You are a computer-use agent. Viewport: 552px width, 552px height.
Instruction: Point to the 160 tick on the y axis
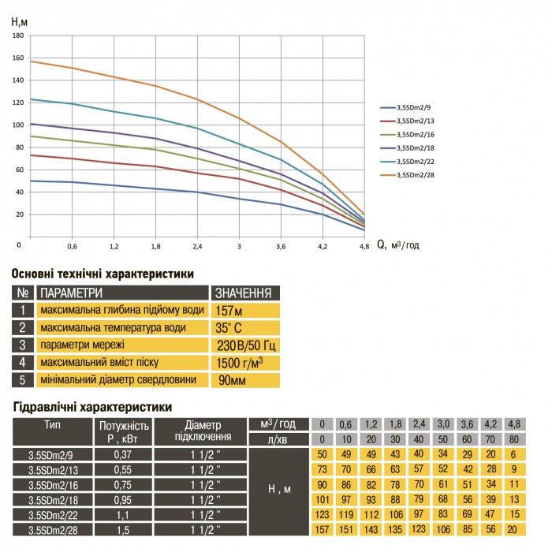17,58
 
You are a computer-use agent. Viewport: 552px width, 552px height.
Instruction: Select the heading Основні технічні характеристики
103,274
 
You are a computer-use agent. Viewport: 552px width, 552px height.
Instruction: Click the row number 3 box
24,345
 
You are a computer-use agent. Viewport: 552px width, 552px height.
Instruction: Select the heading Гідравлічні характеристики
92,408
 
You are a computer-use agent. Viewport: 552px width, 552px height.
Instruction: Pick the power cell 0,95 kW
121,500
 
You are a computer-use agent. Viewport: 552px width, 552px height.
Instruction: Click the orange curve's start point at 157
30,61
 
